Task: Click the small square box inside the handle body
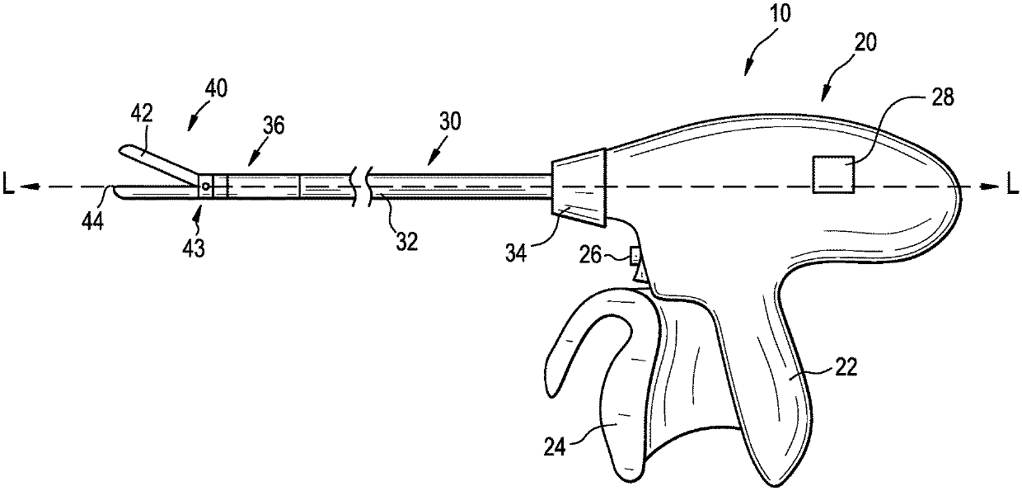tap(832, 174)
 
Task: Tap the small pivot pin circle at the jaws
tap(204, 186)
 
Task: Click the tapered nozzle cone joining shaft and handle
tap(580, 188)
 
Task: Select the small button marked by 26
tap(635, 256)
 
